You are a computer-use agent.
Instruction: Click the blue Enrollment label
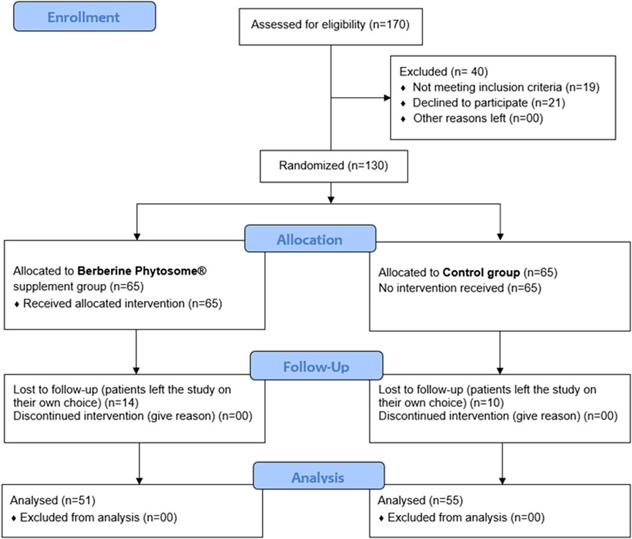click(85, 17)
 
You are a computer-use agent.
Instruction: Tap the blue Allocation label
click(310, 239)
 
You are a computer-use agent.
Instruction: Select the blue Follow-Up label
click(316, 366)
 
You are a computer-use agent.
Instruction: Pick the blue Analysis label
click(319, 476)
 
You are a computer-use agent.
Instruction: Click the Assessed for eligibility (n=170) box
click(330, 26)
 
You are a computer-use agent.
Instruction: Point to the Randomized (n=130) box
click(334, 166)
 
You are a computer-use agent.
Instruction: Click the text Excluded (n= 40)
click(443, 72)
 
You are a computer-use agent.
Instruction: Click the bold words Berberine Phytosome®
click(142, 271)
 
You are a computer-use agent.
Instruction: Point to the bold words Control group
click(481, 272)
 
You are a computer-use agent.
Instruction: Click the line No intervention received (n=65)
click(460, 288)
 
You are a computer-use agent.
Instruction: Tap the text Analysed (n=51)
click(53, 500)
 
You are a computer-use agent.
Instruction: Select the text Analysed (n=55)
click(420, 500)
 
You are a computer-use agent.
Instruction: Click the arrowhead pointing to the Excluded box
click(387, 97)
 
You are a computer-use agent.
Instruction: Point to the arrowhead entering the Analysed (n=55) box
click(502, 481)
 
